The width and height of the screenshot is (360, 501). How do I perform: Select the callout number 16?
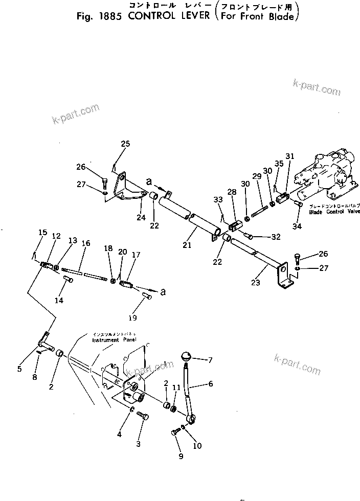tap(86, 243)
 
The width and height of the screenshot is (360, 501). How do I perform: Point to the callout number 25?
tap(125, 144)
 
